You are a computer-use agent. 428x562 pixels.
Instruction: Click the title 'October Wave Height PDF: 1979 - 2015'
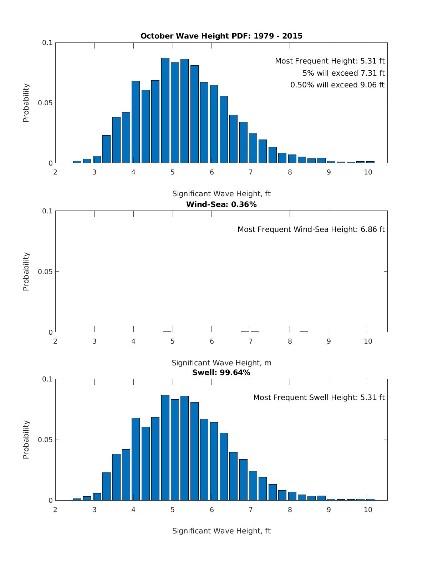pos(221,36)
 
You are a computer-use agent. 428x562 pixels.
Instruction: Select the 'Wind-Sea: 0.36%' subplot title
pos(221,204)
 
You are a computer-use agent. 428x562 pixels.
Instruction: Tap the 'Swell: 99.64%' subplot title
pos(221,373)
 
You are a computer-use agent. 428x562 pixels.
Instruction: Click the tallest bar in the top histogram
pos(165,111)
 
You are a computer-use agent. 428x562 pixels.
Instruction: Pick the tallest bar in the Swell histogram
pos(165,448)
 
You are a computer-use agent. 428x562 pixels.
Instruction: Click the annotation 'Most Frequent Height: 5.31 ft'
pos(330,61)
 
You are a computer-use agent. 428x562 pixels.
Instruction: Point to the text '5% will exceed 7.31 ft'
pos(343,73)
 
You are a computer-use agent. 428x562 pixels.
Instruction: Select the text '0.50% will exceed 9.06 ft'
pos(337,85)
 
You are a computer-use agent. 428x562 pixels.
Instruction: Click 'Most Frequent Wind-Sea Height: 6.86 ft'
pos(311,229)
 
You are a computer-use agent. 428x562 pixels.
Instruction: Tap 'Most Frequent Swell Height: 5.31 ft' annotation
pos(319,398)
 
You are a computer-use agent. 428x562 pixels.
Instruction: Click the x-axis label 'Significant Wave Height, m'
pos(221,363)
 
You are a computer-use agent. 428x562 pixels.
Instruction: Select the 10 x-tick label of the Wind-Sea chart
pos(368,341)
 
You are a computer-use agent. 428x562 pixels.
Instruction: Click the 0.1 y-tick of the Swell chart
pos(47,379)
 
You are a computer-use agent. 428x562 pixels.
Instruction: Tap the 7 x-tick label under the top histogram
pos(251,172)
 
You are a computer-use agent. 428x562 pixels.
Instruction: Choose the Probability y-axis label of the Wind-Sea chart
pos(26,272)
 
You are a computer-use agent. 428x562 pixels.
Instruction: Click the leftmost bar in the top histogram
pos(77,162)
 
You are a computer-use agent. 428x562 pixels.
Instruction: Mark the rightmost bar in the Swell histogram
pos(370,499)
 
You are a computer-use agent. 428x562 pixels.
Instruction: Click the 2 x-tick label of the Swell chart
pos(55,510)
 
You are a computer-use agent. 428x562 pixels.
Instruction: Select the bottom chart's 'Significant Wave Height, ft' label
pos(221,531)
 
